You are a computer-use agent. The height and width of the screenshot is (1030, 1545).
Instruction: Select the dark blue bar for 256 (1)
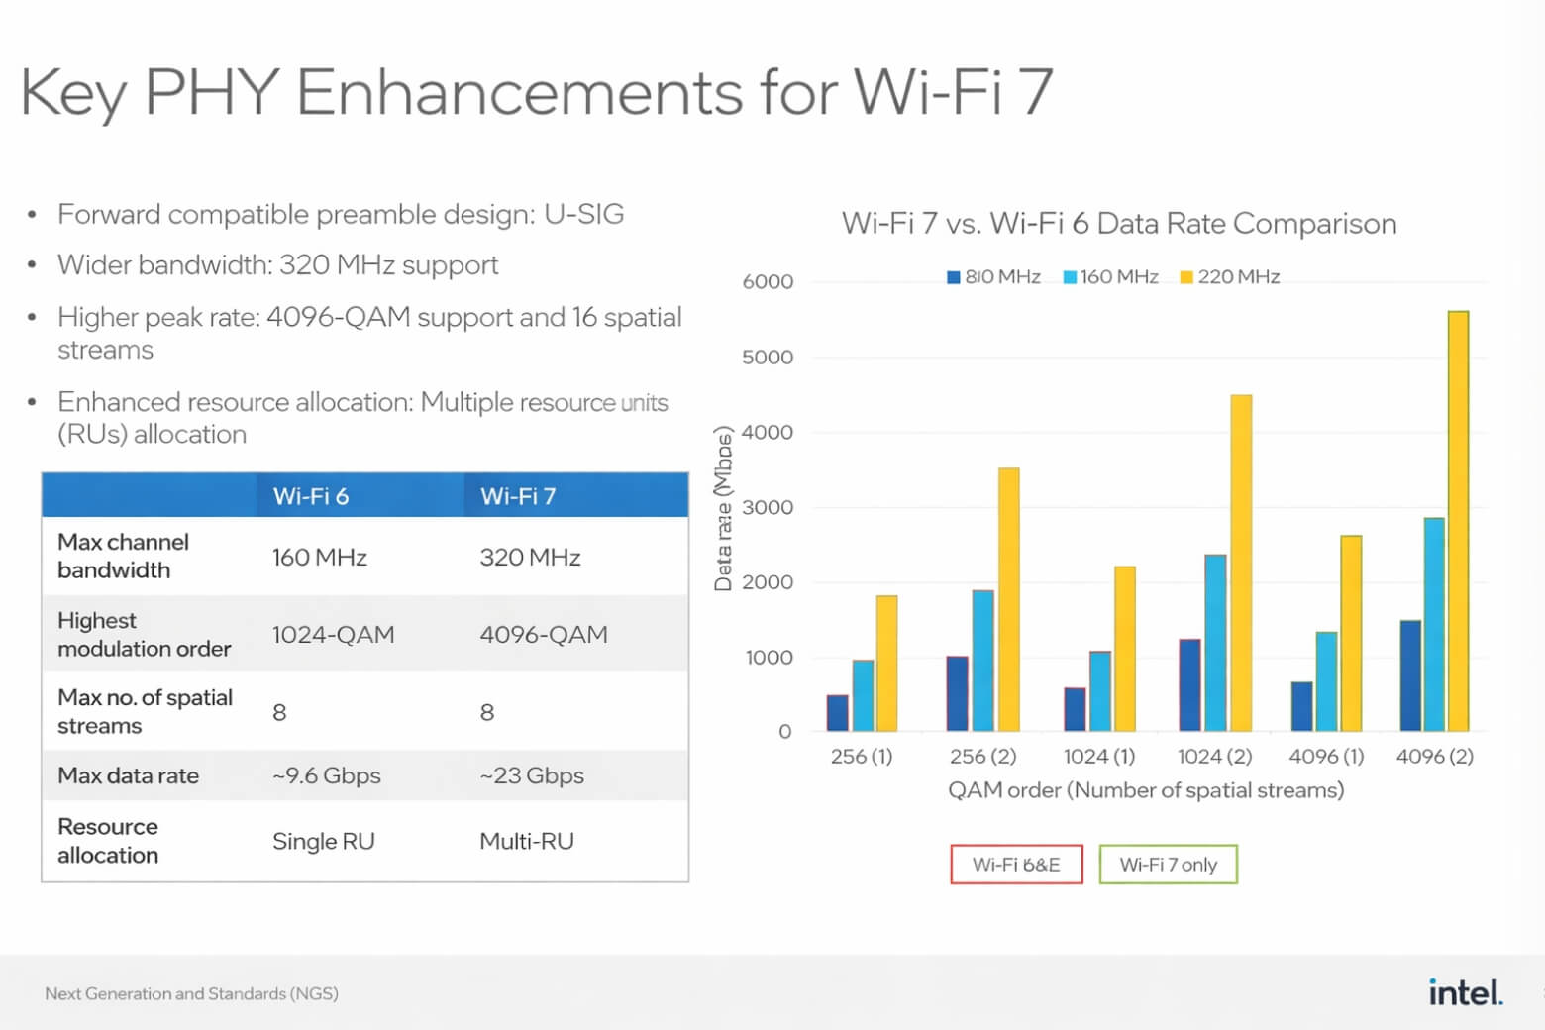coord(838,713)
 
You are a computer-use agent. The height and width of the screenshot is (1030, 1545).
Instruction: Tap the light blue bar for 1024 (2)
coord(1215,643)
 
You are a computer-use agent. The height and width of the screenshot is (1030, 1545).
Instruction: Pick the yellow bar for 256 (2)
coord(1008,599)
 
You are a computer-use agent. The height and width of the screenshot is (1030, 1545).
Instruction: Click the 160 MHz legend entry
coord(1110,277)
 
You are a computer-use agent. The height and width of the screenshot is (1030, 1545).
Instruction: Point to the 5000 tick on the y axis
coord(768,358)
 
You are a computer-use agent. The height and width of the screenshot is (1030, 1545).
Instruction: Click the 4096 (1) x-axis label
coord(1326,757)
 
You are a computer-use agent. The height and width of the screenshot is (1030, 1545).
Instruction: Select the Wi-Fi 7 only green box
coord(1168,865)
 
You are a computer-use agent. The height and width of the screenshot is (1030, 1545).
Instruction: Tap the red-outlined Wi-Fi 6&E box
coord(1016,865)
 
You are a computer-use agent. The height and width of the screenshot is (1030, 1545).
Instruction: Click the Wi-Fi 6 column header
coord(311,496)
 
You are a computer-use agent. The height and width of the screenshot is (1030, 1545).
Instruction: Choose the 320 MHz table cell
coord(530,558)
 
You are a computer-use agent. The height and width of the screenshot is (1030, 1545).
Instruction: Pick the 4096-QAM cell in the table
coord(544,635)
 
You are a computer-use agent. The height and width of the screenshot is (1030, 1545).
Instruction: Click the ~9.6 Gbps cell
coord(326,775)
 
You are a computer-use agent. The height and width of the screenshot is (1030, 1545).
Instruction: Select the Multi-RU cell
coord(527,842)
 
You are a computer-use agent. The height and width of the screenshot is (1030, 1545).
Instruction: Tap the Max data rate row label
coord(129,775)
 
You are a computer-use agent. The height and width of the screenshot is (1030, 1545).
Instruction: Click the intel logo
coord(1465,991)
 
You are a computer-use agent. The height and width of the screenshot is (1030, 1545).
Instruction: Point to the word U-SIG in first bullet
coord(583,214)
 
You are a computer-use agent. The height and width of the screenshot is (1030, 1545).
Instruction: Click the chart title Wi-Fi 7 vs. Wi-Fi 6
coord(1119,224)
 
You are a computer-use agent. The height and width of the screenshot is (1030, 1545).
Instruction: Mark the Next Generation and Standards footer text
coord(191,993)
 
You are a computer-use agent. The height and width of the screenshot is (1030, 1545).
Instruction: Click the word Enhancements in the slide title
coord(519,93)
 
